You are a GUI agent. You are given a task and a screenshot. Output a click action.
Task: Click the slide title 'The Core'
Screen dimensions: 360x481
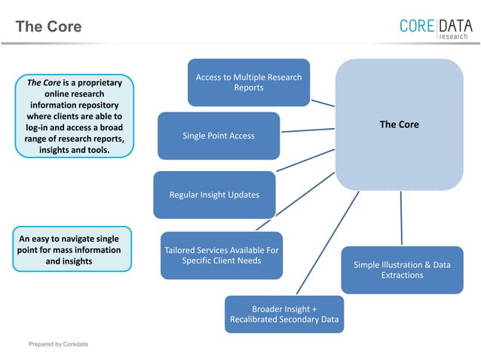pos(48,26)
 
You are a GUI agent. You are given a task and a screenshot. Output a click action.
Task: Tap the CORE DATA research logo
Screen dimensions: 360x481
pos(437,27)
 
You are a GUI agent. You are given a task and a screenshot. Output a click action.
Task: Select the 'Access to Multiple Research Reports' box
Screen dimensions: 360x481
pos(249,82)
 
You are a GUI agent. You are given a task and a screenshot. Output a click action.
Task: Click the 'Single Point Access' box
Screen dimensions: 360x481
pos(219,136)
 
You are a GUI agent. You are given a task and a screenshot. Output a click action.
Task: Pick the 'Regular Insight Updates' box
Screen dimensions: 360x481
pos(215,194)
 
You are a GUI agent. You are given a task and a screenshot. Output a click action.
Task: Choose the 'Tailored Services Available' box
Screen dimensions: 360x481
pos(222,255)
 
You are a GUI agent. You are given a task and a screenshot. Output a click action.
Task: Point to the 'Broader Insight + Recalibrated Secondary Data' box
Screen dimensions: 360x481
pos(284,315)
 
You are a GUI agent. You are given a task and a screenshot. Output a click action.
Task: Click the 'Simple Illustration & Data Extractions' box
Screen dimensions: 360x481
pos(402,270)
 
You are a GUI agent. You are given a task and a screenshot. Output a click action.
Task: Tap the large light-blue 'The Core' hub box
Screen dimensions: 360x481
pos(399,124)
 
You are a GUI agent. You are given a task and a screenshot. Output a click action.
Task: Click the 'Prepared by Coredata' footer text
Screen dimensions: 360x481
pos(58,344)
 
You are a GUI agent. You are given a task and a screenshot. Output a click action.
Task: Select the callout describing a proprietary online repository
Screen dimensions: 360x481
pos(75,115)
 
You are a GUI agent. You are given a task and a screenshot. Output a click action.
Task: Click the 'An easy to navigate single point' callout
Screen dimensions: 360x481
pos(72,249)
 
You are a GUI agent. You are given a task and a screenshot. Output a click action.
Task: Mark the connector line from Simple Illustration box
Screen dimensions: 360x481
pos(401,218)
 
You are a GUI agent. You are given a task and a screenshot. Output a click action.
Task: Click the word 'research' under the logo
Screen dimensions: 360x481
pos(454,36)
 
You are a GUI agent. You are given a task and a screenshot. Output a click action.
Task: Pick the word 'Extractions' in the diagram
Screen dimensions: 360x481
pos(402,275)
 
